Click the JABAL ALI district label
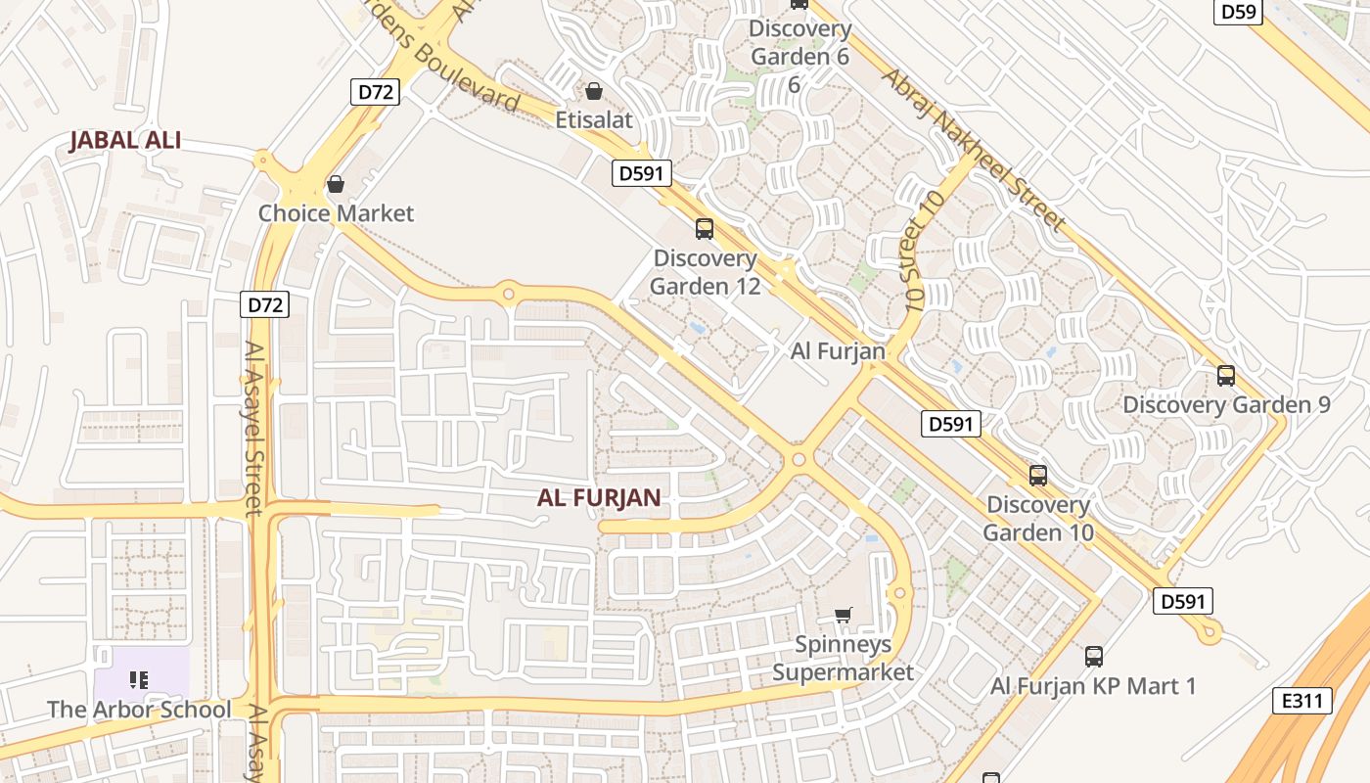point(125,140)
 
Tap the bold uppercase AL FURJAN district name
point(599,497)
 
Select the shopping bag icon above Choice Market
point(336,184)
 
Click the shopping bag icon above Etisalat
point(593,92)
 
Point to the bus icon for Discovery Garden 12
point(704,229)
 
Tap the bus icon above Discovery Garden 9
point(1225,375)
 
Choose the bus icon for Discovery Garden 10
point(1037,476)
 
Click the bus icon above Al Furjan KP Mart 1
point(1093,656)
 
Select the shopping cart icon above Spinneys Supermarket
point(843,615)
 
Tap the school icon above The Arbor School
point(138,679)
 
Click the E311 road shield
point(1302,701)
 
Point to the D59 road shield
point(1238,12)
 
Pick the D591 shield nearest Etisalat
point(642,174)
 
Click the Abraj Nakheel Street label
point(973,149)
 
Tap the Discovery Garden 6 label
point(799,43)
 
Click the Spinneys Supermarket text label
point(843,658)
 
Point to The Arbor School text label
point(139,710)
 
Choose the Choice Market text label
point(336,213)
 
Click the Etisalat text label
point(594,120)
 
